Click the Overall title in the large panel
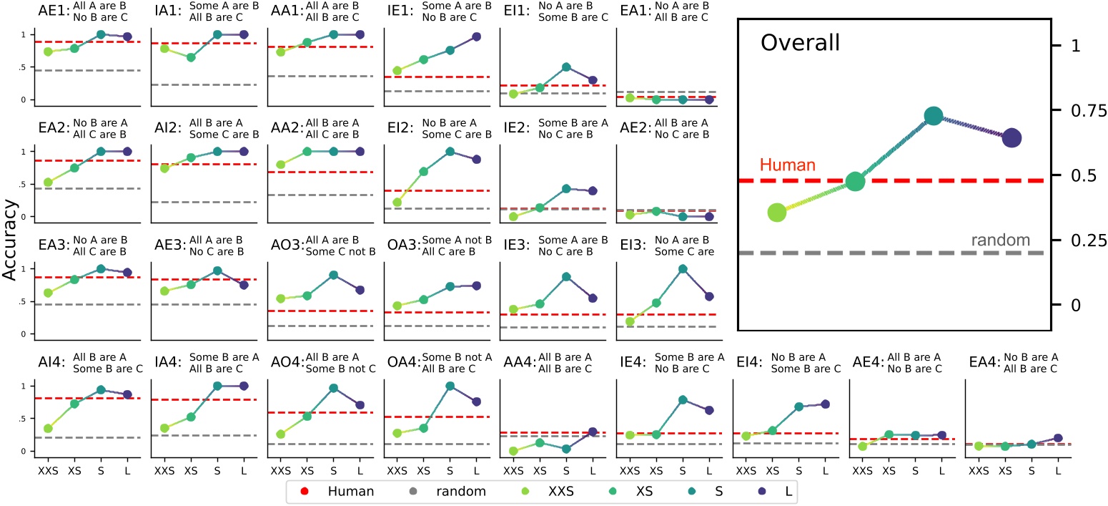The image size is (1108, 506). (800, 43)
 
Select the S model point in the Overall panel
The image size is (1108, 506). (934, 116)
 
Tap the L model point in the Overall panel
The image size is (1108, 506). (1011, 138)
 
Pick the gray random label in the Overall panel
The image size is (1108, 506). (1000, 240)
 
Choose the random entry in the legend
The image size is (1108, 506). (465, 491)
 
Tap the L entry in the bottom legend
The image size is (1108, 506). (777, 491)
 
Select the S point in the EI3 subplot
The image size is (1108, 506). (682, 269)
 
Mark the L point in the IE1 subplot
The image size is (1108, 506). (477, 37)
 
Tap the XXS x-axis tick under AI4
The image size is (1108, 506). (48, 473)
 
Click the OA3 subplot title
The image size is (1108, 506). (397, 247)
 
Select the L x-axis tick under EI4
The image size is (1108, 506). (825, 473)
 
